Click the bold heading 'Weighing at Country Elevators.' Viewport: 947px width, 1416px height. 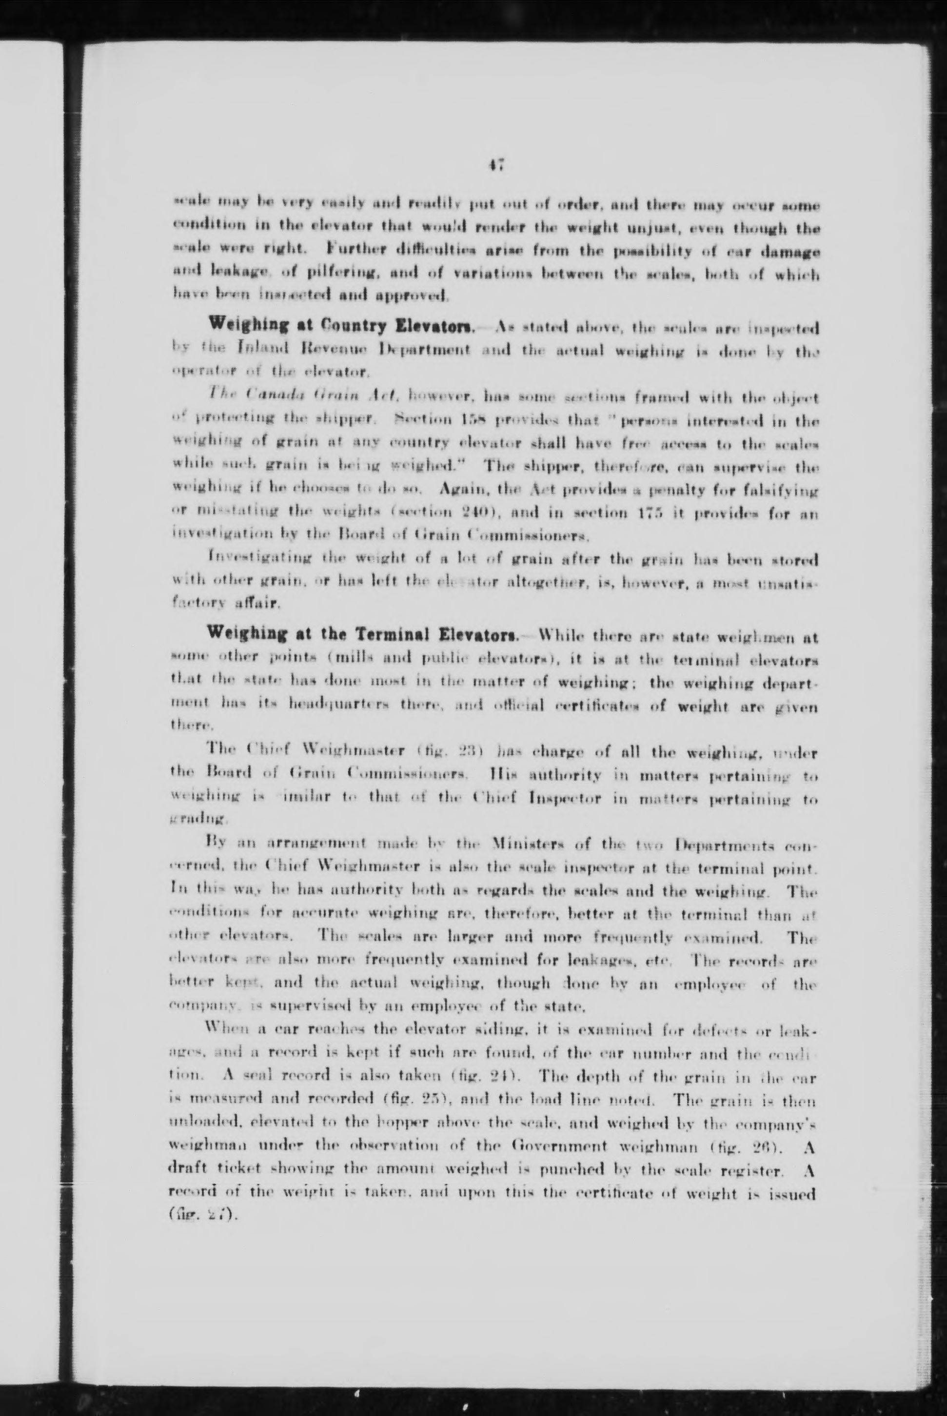pyautogui.click(x=342, y=327)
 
